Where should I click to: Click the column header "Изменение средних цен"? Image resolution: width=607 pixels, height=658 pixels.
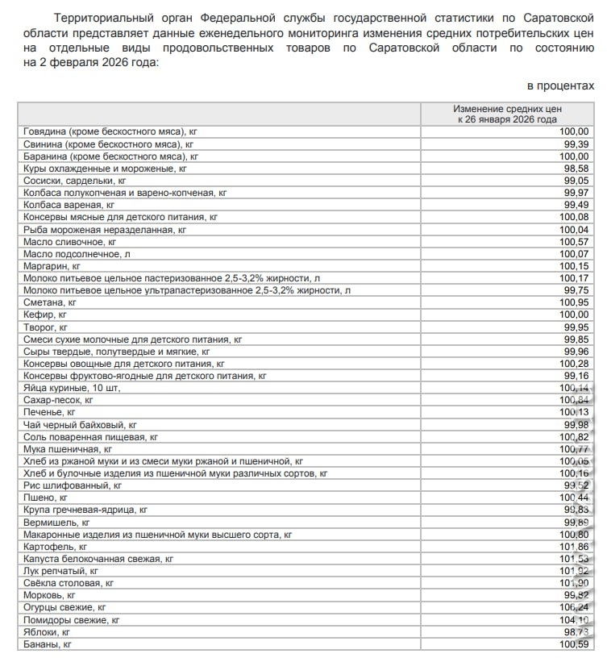(x=506, y=108)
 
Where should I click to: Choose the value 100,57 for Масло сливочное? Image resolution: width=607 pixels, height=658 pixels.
(x=573, y=242)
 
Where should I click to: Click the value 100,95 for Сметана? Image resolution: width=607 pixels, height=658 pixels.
(x=573, y=302)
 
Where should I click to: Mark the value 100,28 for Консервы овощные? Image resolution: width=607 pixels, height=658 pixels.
(x=573, y=364)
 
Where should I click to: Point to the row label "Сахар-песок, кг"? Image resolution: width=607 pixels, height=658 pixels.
(x=60, y=400)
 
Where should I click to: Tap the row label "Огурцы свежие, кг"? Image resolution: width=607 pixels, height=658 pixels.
(x=65, y=607)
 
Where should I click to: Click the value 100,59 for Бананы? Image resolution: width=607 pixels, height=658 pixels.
(x=573, y=644)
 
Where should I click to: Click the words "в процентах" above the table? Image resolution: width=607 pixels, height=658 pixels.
(x=561, y=85)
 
